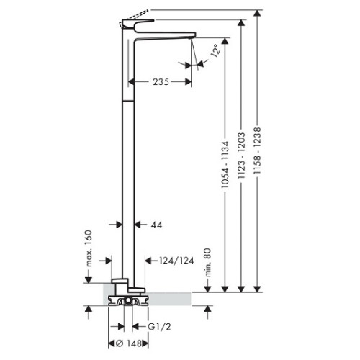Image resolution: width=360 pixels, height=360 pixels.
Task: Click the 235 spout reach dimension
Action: pos(161,82)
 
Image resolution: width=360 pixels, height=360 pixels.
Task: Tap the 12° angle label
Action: pos(215,50)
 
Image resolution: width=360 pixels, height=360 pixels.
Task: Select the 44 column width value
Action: pos(156,225)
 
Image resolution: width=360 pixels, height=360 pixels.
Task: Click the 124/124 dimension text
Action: pos(176,261)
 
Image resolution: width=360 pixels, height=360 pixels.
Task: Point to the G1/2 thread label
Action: pos(159,327)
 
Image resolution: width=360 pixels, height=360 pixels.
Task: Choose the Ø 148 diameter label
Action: pos(129,343)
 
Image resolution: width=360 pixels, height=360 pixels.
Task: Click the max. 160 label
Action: pos(89,248)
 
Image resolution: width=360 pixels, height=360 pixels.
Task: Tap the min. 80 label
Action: pos(208,263)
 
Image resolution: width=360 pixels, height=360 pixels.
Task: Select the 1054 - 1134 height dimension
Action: pos(225,164)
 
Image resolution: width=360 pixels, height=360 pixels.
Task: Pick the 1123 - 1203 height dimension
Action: pos(241,155)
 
